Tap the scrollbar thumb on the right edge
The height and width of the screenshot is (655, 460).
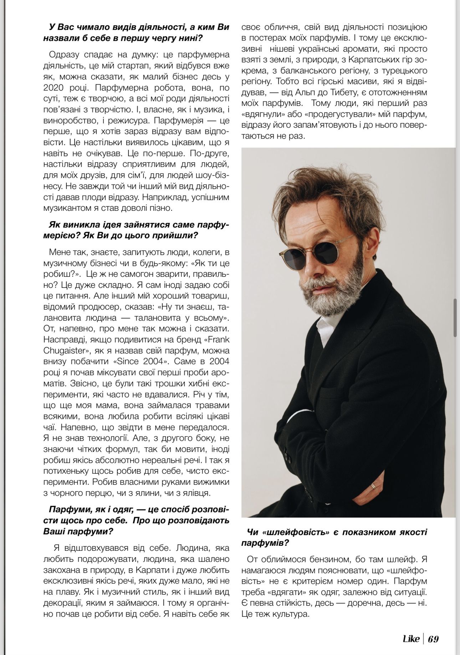(455, 318)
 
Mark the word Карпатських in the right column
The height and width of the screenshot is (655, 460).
(366, 59)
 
